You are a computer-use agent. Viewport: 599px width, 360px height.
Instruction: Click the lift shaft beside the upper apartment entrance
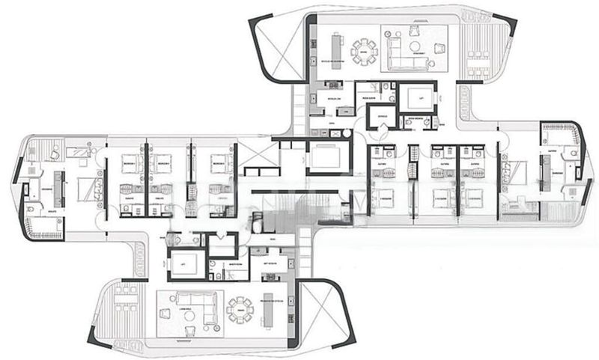coord(411,97)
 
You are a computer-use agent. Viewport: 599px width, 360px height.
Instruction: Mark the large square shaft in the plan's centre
coord(326,158)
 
